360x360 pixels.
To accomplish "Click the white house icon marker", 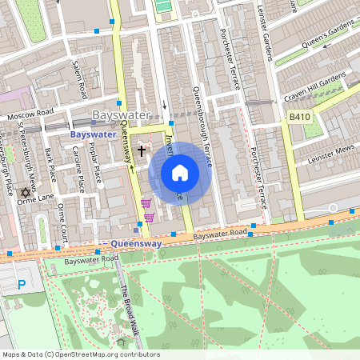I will coord(180,172).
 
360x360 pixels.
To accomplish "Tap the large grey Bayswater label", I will coord(121,115).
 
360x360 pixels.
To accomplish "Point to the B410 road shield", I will coord(299,117).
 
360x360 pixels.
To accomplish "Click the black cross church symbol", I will coord(142,150).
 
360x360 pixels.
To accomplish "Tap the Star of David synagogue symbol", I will coord(25,193).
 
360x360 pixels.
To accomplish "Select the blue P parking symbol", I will coord(22,283).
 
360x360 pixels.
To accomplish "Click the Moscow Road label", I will coord(29,115).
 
